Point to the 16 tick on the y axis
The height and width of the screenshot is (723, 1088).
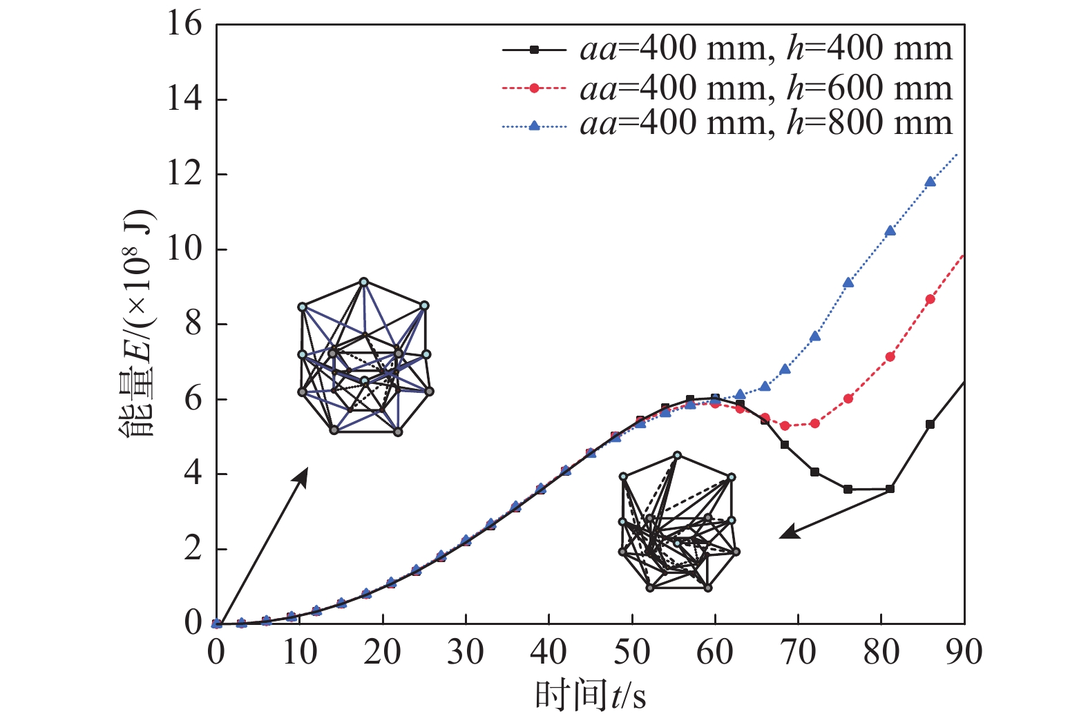(x=184, y=25)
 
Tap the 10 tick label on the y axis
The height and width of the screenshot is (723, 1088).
(x=184, y=249)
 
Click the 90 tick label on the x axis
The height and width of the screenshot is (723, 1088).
(x=964, y=653)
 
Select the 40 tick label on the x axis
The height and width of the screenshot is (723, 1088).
(x=548, y=653)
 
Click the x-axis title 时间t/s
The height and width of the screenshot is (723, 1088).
(x=591, y=695)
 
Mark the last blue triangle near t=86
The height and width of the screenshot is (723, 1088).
(x=930, y=182)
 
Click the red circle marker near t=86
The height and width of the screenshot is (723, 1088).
(x=930, y=299)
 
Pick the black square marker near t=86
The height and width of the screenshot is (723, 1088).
(x=930, y=424)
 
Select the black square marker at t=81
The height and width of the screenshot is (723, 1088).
(x=890, y=489)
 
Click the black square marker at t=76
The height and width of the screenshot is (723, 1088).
(x=848, y=489)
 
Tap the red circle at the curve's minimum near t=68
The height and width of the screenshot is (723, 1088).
(x=785, y=426)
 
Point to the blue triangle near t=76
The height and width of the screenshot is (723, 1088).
(x=848, y=282)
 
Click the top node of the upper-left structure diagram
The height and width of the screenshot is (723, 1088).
(x=363, y=282)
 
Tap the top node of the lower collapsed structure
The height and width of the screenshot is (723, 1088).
(x=677, y=455)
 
